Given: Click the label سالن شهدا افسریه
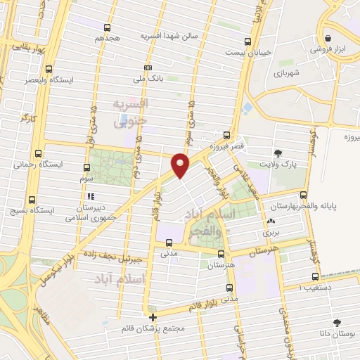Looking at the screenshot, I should (169, 34).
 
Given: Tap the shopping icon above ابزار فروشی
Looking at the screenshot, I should (328, 39).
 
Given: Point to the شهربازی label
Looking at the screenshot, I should (307, 72).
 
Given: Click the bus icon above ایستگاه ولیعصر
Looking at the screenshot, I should (49, 69).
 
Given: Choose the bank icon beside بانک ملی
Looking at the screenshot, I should (147, 67).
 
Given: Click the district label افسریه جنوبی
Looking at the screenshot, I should (131, 112).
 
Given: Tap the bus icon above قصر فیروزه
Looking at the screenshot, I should (226, 134).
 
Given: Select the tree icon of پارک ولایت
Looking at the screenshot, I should (278, 153).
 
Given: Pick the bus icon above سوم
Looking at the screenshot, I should (86, 167).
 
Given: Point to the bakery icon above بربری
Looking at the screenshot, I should (271, 221).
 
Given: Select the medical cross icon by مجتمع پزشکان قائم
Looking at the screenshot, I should (153, 317).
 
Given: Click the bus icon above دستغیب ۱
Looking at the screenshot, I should (315, 276).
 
